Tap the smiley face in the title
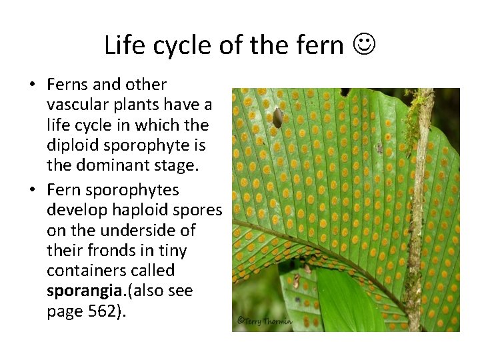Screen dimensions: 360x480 (362, 45)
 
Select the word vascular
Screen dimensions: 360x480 (78, 105)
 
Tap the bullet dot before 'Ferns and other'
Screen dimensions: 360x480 (31, 85)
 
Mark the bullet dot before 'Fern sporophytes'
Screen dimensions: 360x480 (31, 190)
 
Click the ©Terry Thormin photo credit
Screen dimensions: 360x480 (265, 321)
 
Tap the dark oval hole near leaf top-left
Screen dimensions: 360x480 (277, 117)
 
